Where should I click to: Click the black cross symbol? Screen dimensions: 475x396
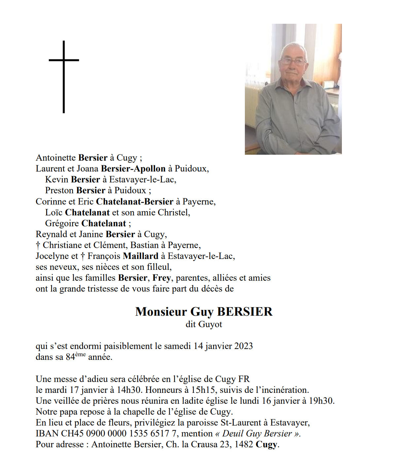[x=64, y=77]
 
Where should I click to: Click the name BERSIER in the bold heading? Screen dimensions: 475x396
[x=245, y=312]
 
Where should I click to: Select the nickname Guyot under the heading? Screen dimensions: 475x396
[x=211, y=325]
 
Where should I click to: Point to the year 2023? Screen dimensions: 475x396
[x=244, y=346]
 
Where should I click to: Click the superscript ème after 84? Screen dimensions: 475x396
[x=80, y=355]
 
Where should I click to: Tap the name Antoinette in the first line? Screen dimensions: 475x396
[x=56, y=158]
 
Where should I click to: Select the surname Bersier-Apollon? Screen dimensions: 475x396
[x=133, y=169]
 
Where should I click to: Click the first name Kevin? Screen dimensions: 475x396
[x=57, y=179]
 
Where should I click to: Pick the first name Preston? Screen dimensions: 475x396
[x=59, y=190]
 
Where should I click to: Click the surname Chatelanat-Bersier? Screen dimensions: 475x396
[x=134, y=202]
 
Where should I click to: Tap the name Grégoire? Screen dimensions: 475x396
[x=62, y=223]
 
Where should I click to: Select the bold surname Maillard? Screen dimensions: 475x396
[x=141, y=256]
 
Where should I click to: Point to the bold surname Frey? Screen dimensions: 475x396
[x=161, y=278]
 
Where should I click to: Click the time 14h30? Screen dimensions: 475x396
[x=129, y=390]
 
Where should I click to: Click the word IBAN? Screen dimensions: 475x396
[x=47, y=433]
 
